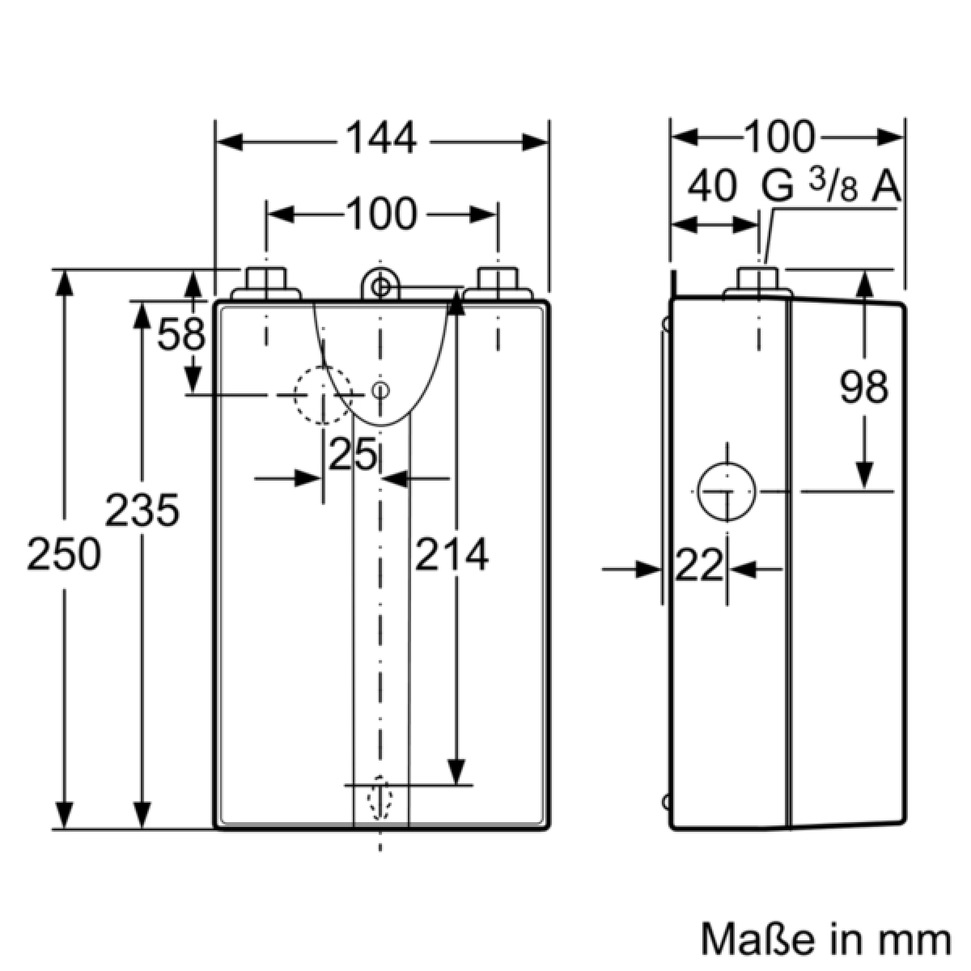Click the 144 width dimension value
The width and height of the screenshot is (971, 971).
click(x=382, y=139)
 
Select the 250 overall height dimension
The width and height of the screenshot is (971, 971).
click(x=64, y=555)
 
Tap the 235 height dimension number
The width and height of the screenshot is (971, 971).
click(x=142, y=511)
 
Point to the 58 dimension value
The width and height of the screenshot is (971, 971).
click(x=181, y=333)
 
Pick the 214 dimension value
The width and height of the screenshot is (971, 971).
click(x=452, y=555)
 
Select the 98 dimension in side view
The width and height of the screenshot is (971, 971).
click(x=864, y=388)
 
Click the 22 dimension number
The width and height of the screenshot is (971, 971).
click(x=698, y=567)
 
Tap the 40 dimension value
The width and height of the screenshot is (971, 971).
click(x=712, y=188)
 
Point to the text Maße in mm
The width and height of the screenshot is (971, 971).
click(x=825, y=939)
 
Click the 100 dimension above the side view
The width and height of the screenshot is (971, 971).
click(x=778, y=137)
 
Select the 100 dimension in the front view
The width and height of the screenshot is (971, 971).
click(x=381, y=214)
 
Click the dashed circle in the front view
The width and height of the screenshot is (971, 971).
click(x=323, y=395)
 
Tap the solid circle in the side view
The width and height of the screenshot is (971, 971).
click(x=727, y=492)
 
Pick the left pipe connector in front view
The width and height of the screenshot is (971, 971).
click(x=265, y=284)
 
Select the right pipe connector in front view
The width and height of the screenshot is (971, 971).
click(x=497, y=284)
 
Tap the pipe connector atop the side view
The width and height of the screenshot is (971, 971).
click(x=758, y=282)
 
